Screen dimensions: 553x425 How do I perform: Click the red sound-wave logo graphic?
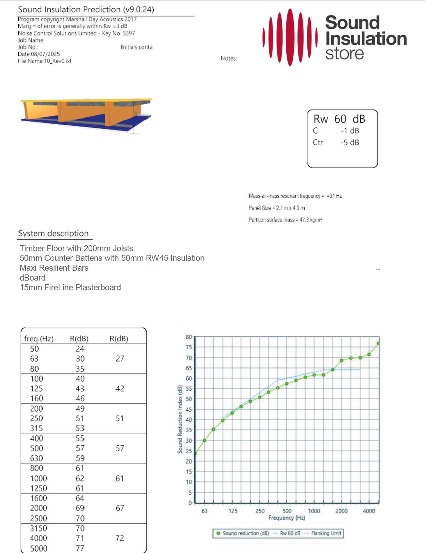(290, 37)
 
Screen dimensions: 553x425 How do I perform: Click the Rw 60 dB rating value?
(339, 119)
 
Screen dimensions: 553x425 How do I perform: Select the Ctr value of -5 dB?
(350, 142)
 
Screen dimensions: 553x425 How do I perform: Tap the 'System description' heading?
(53, 233)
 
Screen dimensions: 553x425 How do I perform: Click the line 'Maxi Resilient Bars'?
(54, 268)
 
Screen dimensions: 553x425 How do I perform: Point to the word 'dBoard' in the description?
(33, 278)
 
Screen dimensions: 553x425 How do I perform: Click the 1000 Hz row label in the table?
(39, 478)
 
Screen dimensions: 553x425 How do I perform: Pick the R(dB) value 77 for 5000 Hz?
(80, 548)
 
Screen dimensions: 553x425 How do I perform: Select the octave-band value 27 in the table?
(120, 359)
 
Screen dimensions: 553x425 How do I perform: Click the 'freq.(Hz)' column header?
(39, 339)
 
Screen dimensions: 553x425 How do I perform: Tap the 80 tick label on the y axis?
(189, 337)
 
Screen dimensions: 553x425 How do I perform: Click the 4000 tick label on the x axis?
(369, 511)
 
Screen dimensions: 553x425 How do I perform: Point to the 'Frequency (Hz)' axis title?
(286, 518)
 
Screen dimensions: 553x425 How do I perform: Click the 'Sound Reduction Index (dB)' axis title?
(180, 419)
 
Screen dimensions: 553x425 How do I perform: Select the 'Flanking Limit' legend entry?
(326, 533)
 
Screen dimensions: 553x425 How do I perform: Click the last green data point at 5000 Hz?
(378, 344)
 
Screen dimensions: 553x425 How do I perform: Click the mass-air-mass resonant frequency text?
(295, 196)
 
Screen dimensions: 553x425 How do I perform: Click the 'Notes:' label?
(229, 58)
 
